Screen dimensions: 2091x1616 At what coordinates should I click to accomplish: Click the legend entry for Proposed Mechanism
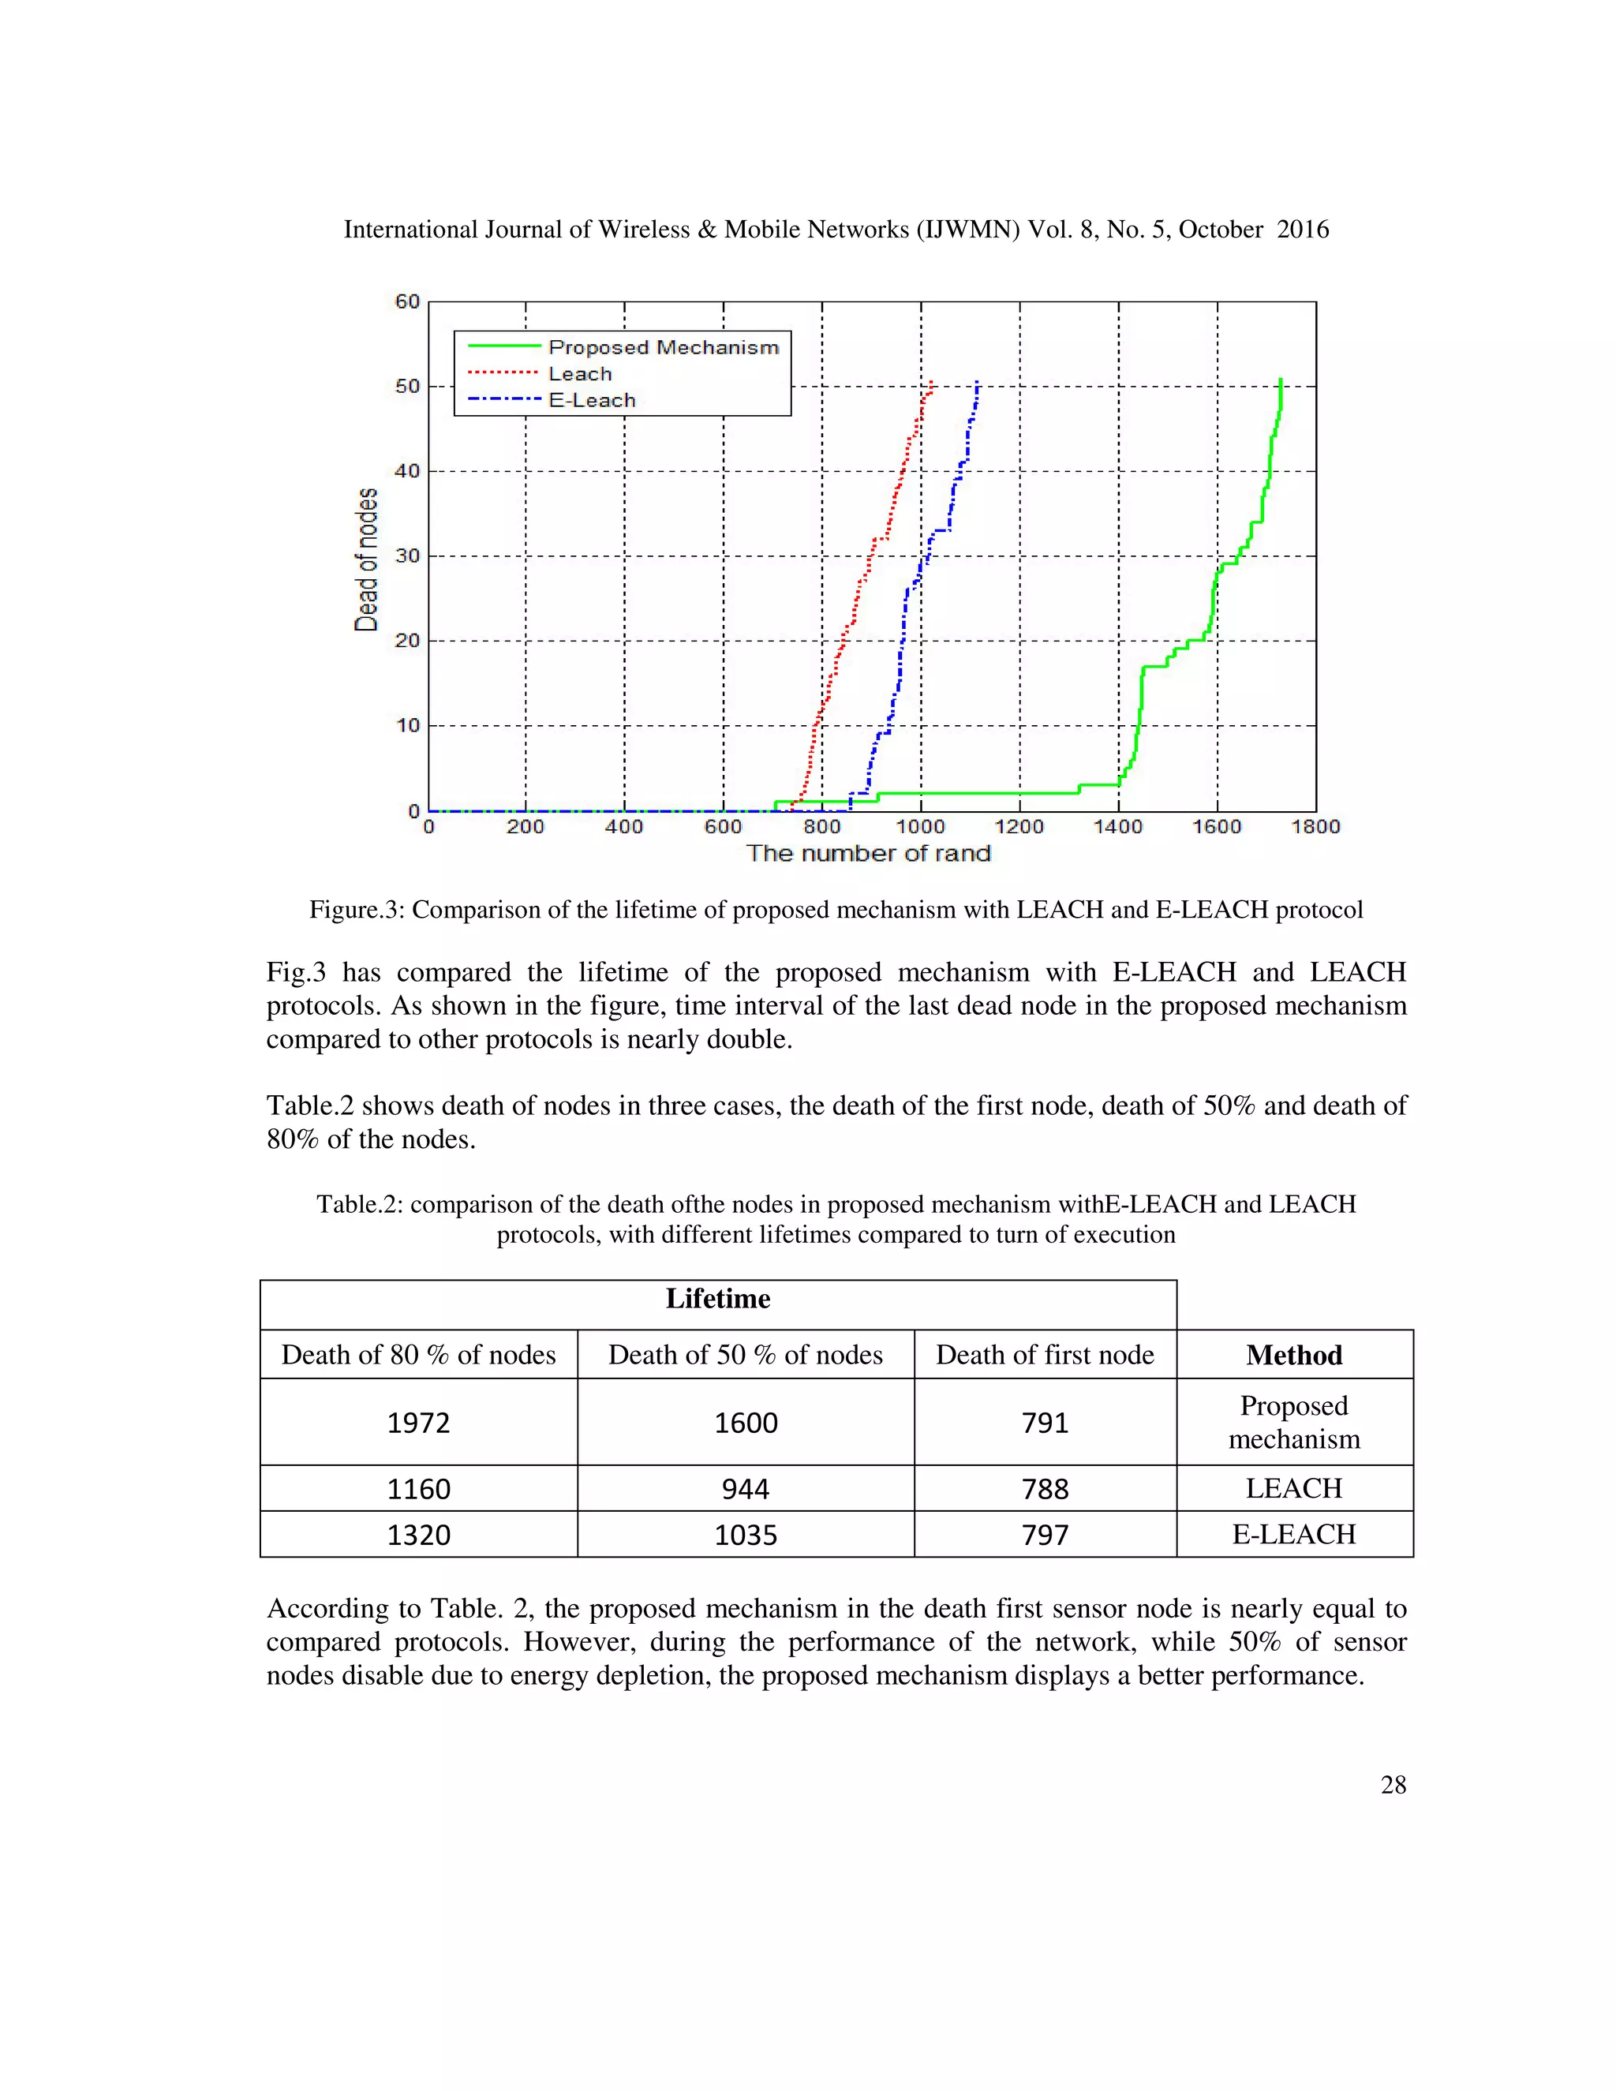click(663, 346)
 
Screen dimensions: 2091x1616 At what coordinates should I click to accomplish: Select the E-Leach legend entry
click(592, 400)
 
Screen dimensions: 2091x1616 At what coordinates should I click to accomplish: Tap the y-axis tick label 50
click(407, 386)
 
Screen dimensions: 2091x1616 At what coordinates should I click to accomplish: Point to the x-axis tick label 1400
click(1117, 826)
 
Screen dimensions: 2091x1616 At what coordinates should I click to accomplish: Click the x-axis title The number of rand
click(867, 853)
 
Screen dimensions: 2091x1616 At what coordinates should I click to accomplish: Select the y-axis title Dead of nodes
click(365, 559)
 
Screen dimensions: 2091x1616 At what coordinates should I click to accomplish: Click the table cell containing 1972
click(418, 1423)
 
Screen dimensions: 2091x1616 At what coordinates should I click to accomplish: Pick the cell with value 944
click(745, 1489)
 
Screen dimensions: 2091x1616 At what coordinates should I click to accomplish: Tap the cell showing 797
click(1045, 1535)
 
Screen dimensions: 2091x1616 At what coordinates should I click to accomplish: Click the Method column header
click(1293, 1355)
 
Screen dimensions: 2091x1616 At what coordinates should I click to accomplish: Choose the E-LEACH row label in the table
click(1293, 1535)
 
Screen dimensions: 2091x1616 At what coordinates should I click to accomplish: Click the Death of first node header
click(1045, 1355)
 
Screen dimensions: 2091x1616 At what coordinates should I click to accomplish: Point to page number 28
click(1393, 1785)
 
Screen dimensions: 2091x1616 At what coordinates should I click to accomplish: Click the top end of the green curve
click(1280, 380)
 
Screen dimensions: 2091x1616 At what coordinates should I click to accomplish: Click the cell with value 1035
click(745, 1535)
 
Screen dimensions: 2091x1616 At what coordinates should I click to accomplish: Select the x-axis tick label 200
click(525, 826)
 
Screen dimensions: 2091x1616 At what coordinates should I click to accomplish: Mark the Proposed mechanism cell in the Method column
click(1293, 1422)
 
